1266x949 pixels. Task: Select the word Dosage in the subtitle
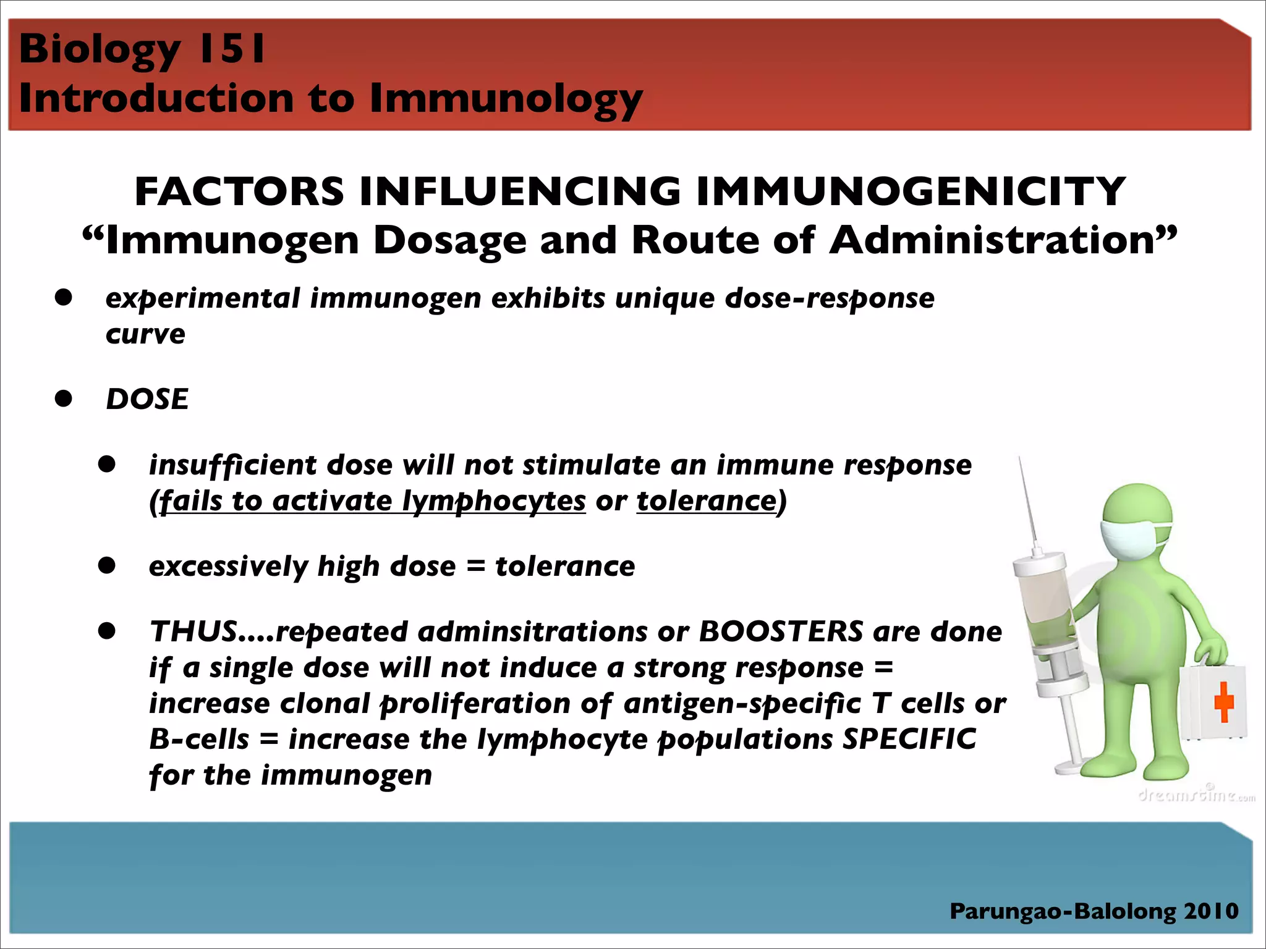449,240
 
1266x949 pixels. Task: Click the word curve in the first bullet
145,334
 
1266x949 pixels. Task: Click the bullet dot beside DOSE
63,399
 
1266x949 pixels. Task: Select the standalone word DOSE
147,399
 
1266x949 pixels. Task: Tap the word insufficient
233,465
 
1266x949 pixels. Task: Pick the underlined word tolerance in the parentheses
706,501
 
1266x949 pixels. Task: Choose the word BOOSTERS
781,631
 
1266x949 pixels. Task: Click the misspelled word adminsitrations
532,631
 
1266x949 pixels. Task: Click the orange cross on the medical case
1223,704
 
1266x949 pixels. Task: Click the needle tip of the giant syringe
1020,461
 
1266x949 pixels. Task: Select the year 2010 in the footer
1211,911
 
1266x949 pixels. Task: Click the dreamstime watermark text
1196,795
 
